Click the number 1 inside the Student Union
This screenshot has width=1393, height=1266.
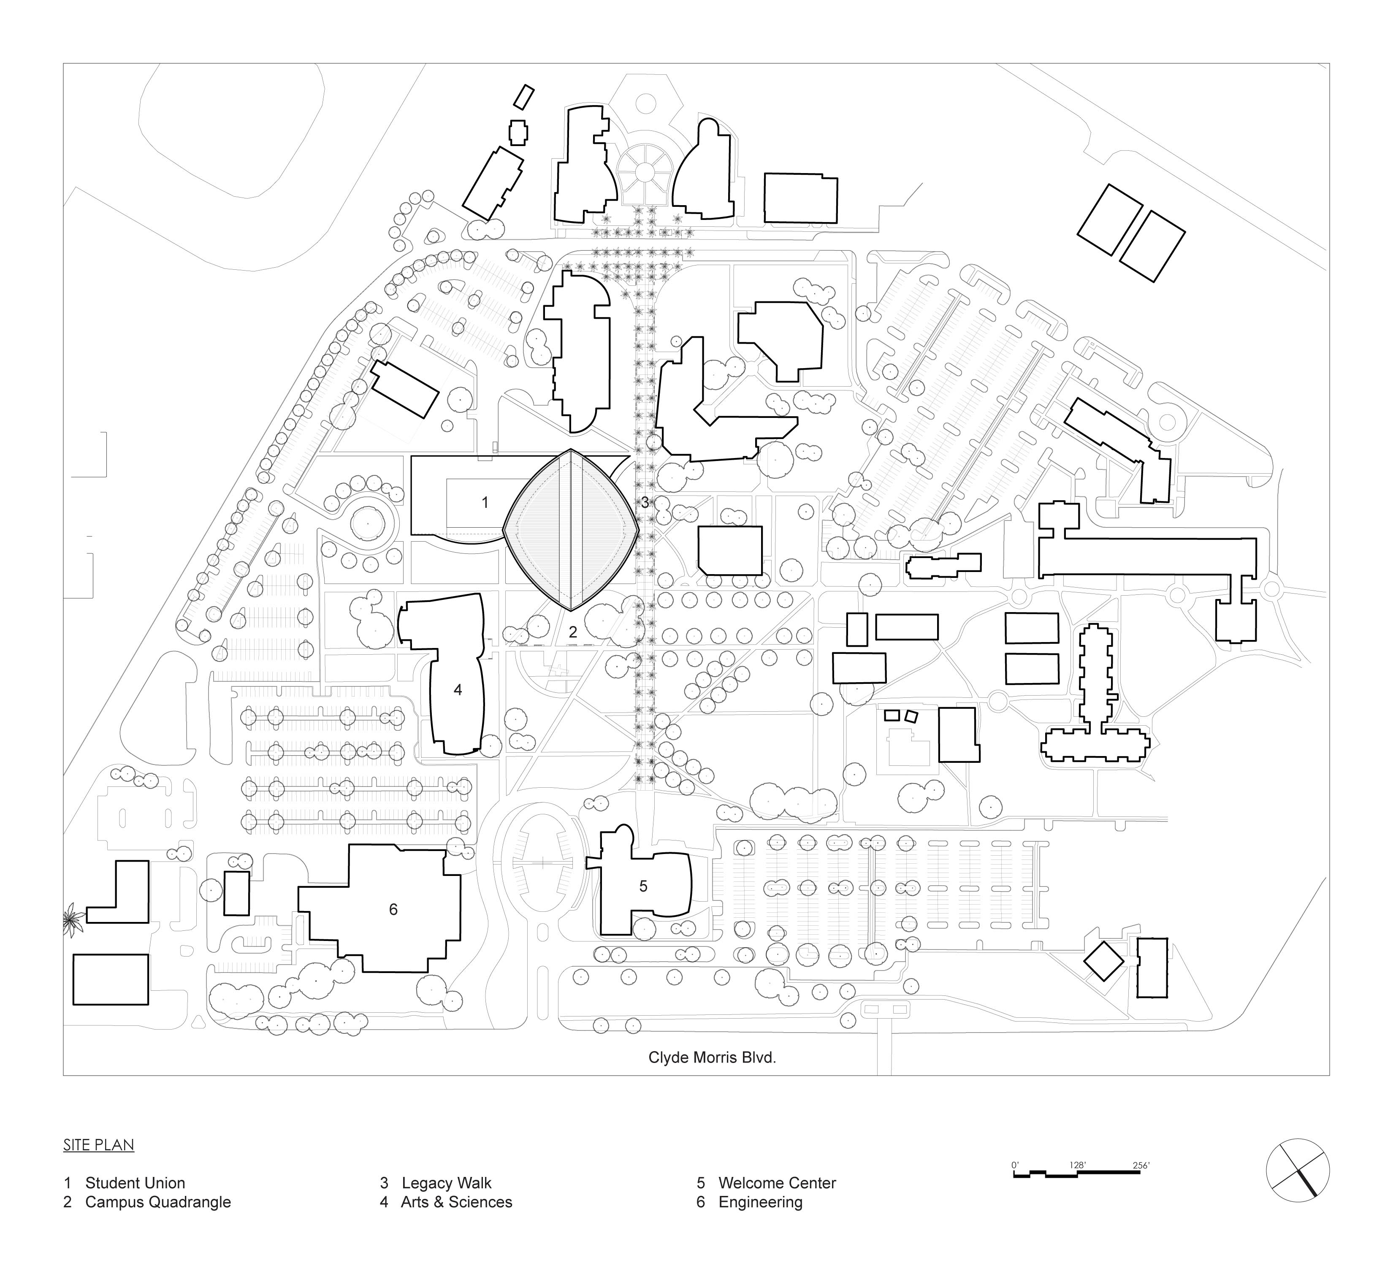coord(485,502)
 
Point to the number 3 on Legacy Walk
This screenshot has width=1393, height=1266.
coord(645,502)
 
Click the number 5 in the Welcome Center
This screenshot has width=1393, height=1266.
coord(643,886)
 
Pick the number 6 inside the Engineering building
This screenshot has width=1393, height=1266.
coord(393,909)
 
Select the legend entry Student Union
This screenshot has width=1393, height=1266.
coord(135,1183)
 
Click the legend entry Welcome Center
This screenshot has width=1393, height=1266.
coord(777,1183)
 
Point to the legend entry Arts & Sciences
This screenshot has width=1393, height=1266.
coord(456,1202)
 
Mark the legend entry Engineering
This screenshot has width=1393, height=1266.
coord(760,1202)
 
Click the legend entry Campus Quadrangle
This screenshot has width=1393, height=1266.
coord(157,1202)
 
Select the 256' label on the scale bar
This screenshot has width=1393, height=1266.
coord(1141,1164)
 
